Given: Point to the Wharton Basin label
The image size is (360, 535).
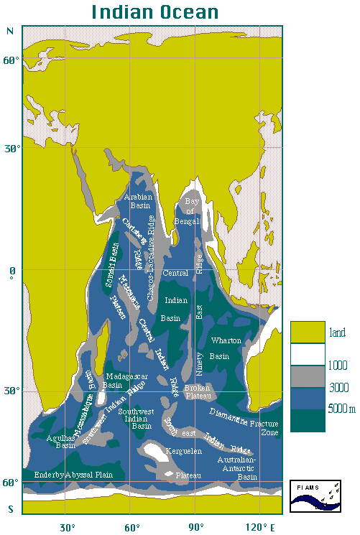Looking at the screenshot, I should tap(225, 348).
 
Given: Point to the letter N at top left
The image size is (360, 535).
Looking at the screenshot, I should tap(10, 32).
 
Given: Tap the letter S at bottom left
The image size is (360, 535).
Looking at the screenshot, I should tap(10, 509).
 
